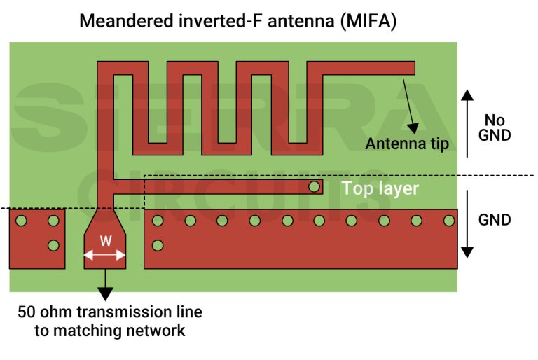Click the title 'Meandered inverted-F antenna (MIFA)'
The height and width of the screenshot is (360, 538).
238,20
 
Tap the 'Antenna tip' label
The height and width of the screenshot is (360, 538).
407,144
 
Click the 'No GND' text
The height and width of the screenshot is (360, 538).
495,127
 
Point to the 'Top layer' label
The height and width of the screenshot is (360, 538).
380,188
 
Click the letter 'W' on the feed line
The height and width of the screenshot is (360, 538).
105,240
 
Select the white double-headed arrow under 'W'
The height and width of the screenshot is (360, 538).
105,256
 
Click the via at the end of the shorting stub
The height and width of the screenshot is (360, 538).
314,187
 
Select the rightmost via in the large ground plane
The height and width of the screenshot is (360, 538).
448,221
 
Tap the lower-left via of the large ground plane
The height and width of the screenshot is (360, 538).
158,246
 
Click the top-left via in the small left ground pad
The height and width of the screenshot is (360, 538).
21,221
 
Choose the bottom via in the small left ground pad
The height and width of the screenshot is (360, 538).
53,246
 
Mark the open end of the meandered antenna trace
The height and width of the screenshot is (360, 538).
412,69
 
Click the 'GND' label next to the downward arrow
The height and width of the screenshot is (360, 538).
495,220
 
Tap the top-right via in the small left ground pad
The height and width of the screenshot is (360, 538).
53,221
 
